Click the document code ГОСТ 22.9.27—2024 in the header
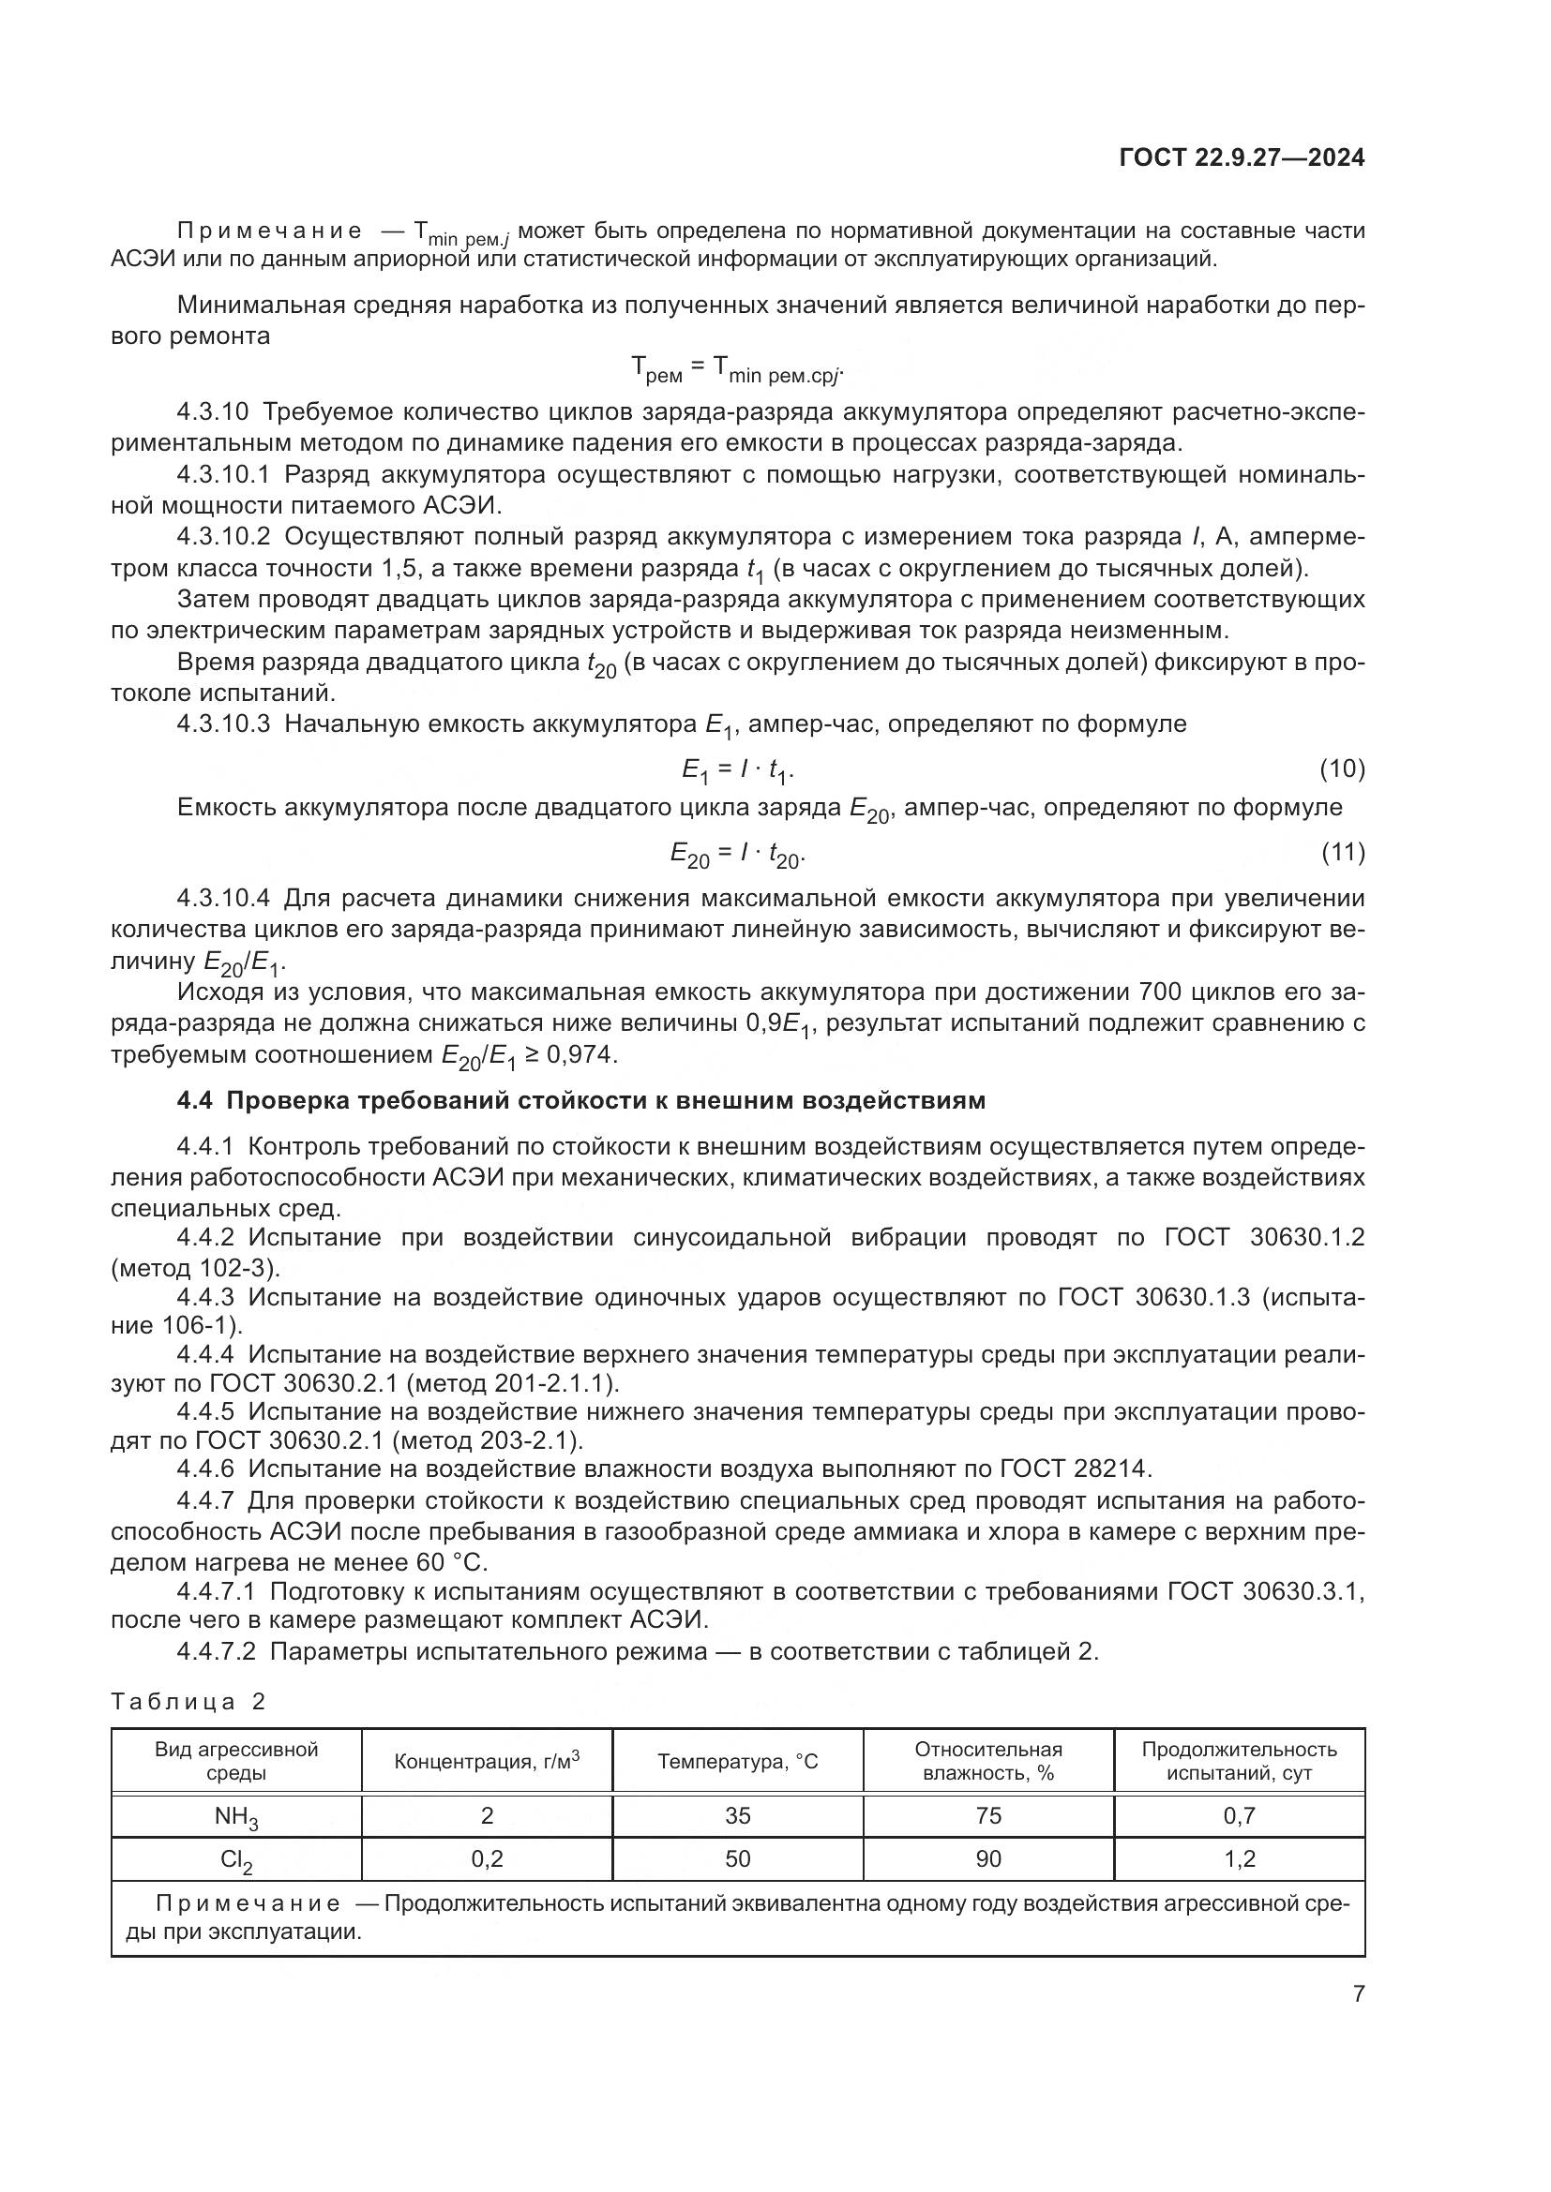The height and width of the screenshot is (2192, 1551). point(1242,157)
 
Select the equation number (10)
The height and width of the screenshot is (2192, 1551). point(1342,768)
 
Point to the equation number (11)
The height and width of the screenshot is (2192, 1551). point(1342,853)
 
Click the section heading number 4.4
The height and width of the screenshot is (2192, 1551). point(197,1101)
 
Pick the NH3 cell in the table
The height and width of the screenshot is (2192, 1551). point(236,1817)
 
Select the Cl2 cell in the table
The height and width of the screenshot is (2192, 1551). point(236,1859)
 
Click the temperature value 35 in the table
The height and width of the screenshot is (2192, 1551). point(737,1815)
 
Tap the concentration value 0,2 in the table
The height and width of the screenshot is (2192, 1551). point(487,1857)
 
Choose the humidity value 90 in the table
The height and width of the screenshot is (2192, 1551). point(988,1857)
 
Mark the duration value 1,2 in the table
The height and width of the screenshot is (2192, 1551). point(1240,1857)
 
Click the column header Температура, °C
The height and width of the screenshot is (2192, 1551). point(737,1762)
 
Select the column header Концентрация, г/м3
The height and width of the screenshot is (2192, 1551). point(487,1762)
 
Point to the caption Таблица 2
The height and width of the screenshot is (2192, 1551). point(188,1701)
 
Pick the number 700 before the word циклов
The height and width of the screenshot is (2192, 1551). point(1162,992)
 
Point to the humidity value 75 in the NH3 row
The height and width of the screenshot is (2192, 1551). point(988,1815)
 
